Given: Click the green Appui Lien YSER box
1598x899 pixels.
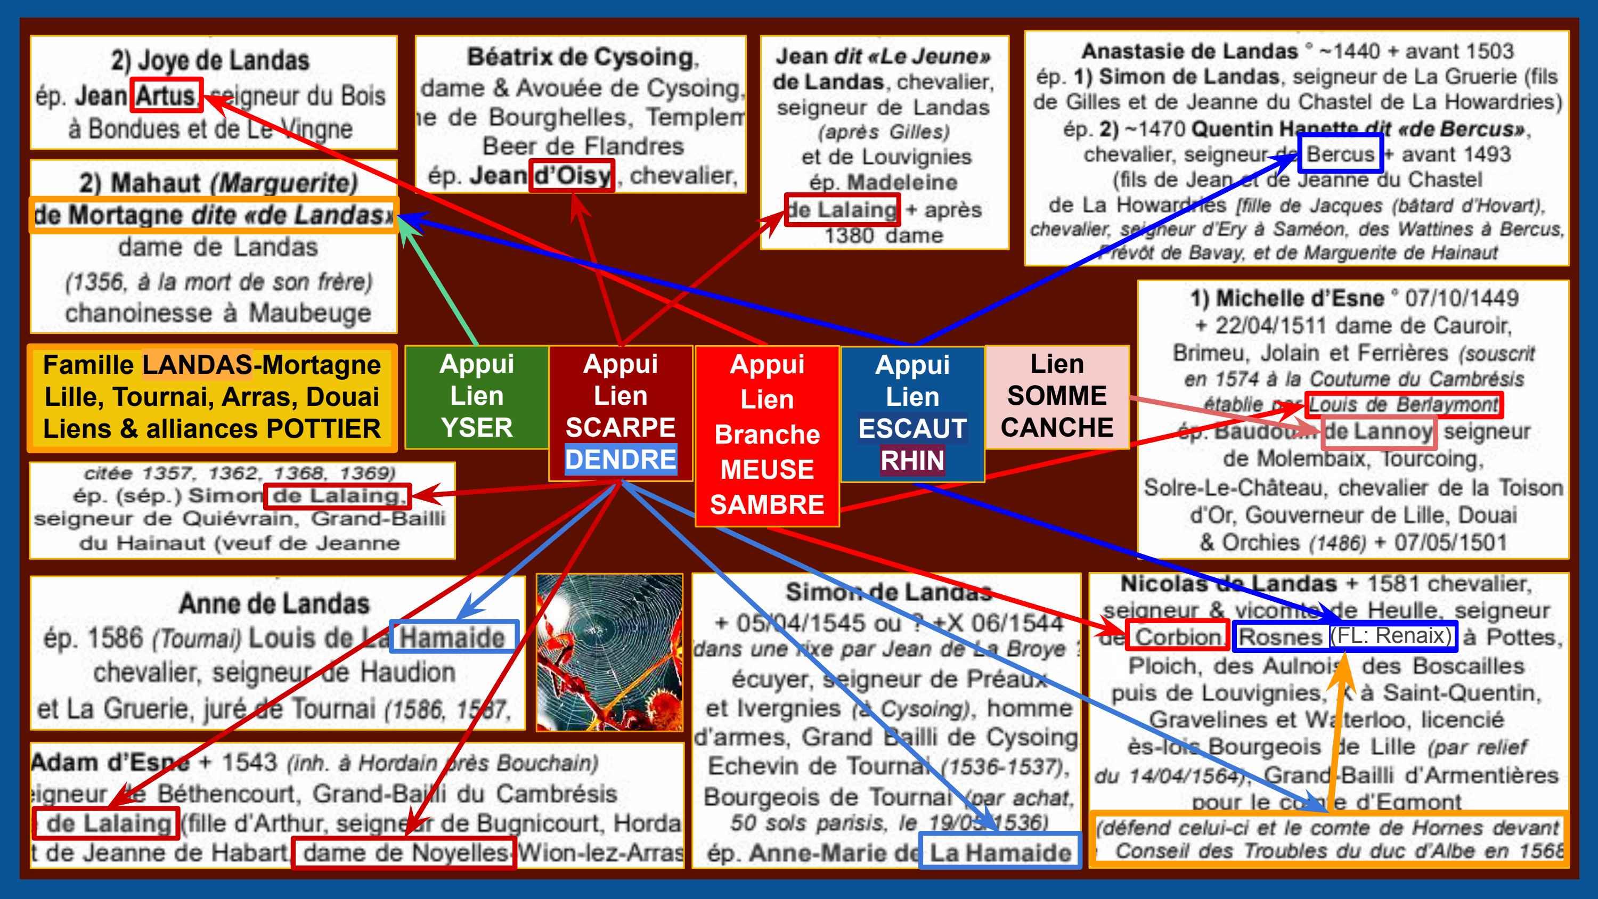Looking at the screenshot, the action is tap(476, 396).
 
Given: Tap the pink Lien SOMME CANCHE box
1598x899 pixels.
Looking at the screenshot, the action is tap(1056, 396).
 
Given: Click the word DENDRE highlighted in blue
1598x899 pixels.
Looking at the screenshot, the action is tap(621, 460).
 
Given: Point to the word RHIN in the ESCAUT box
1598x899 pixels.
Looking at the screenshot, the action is tap(912, 460).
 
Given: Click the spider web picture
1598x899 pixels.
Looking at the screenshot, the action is tap(610, 652).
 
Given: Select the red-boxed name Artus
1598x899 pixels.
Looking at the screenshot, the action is tap(166, 95).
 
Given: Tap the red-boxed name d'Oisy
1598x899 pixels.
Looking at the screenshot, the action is tap(572, 176).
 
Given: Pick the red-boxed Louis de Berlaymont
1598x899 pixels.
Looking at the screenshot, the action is tap(1403, 405).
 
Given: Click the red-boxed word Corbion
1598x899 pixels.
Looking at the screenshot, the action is tap(1177, 636).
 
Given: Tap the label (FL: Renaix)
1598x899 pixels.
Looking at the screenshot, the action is tap(1391, 636).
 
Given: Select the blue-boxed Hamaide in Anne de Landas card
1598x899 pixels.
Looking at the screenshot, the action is tap(453, 636).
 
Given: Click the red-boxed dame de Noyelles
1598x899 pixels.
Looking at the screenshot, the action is tap(404, 853).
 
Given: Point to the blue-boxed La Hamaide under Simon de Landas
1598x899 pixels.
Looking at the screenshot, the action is tap(999, 853).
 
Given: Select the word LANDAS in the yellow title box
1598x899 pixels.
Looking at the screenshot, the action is tap(197, 365).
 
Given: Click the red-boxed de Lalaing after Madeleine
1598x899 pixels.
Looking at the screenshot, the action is tap(842, 210).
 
